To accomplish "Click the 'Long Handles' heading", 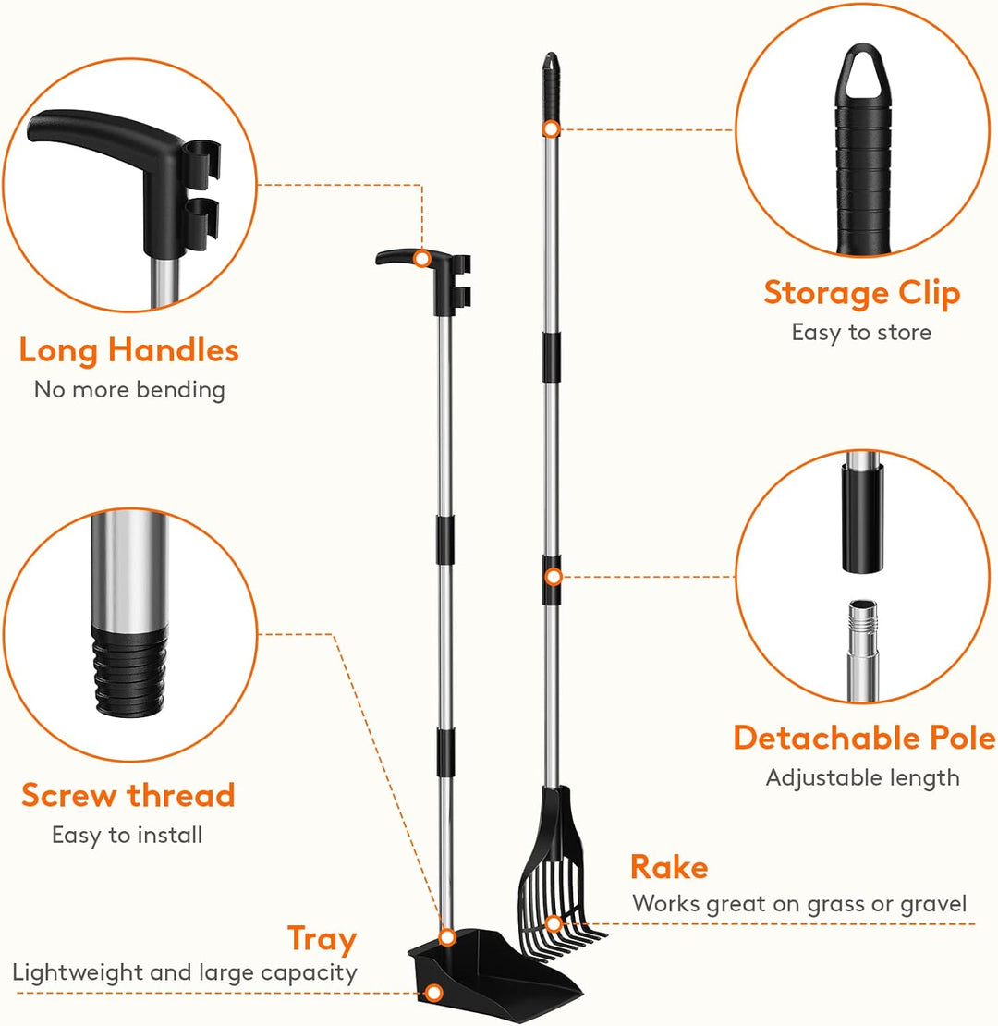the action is click(x=128, y=350).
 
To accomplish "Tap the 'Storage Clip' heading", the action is click(x=862, y=292).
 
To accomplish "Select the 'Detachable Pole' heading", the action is click(x=864, y=738).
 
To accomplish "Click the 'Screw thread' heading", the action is click(x=128, y=795).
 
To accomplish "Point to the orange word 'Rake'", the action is click(x=669, y=867).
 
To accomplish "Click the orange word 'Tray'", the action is click(x=322, y=940).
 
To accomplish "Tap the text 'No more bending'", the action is click(x=129, y=390).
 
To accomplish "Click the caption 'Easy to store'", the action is click(x=861, y=333).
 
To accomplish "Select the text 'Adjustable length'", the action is click(x=862, y=778).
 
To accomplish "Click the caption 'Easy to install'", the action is click(x=127, y=835).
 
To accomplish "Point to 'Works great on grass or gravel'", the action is click(x=799, y=904).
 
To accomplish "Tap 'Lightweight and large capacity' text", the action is click(x=185, y=973).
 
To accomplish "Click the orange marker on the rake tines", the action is click(x=554, y=924).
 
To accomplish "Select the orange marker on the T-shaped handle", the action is click(x=421, y=259).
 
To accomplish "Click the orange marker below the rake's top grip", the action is click(x=552, y=128).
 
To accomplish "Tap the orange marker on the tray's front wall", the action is click(x=433, y=994).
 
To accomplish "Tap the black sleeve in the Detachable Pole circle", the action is click(x=862, y=519).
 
